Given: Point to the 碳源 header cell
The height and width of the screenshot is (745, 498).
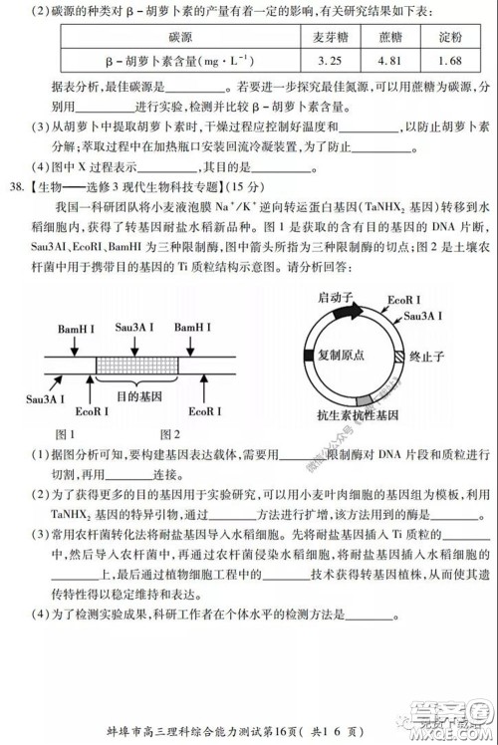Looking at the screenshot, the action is point(180,37).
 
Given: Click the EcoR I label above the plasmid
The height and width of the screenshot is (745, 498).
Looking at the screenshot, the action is point(404,301).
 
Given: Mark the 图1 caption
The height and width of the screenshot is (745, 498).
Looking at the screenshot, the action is point(65,433).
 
